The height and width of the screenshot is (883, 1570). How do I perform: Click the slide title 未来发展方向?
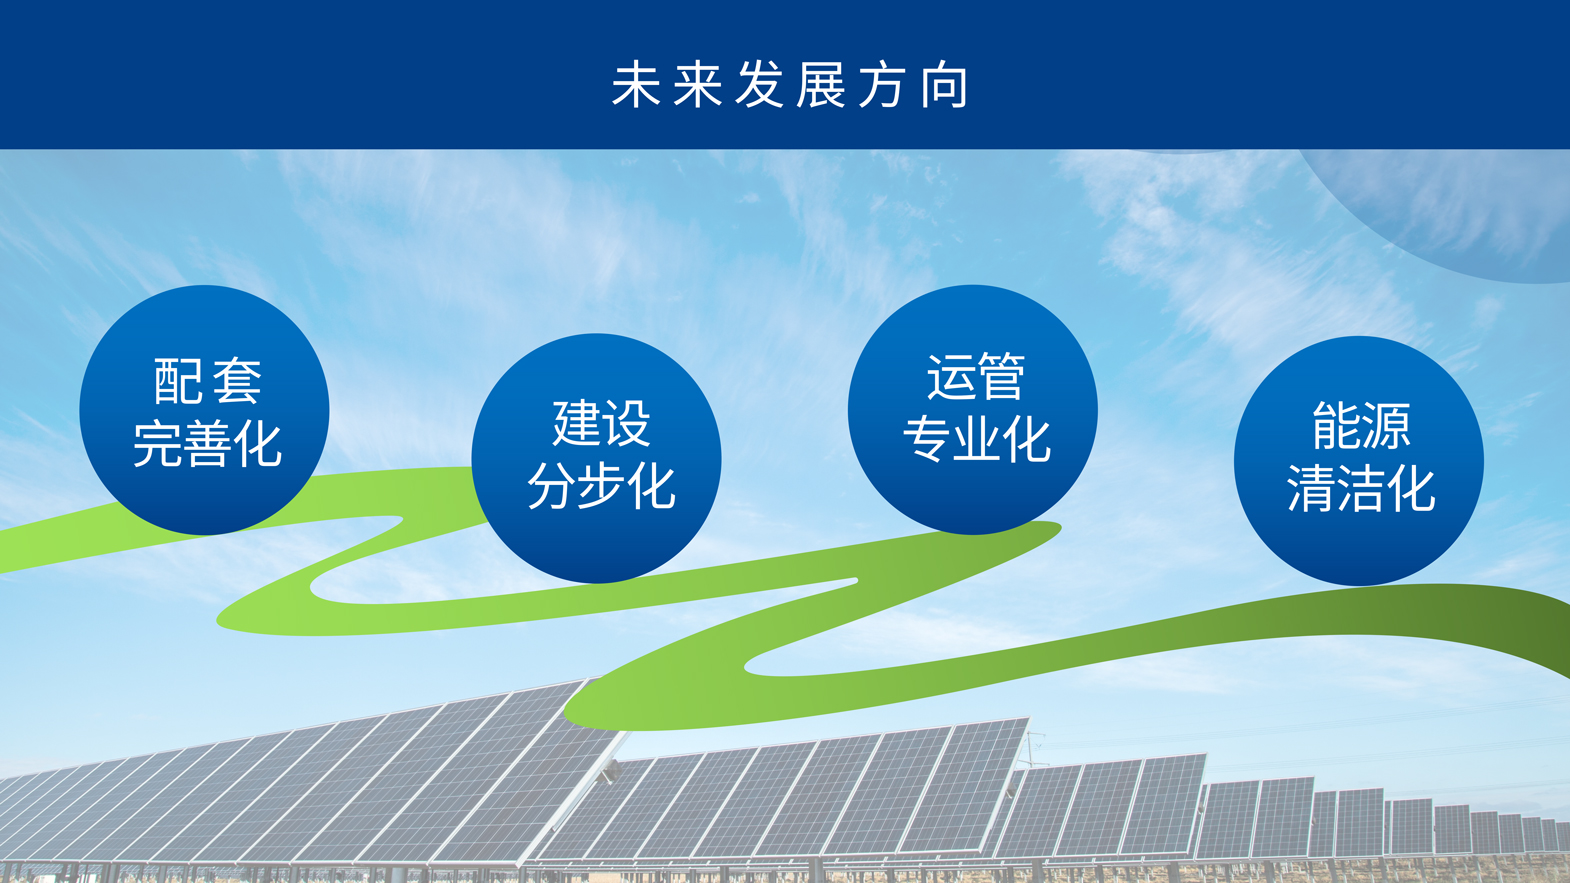[x=790, y=85]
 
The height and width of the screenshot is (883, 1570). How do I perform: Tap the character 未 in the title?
[x=636, y=85]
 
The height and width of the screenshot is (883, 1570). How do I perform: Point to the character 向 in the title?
[x=945, y=85]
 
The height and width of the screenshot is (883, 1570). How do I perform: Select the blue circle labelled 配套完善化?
[x=204, y=410]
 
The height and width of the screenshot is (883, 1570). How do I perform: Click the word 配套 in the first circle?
[x=207, y=381]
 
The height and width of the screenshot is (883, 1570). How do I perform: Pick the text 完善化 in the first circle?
[x=207, y=444]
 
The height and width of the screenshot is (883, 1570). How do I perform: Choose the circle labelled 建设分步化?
[x=596, y=458]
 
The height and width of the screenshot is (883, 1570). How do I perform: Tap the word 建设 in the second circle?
[x=601, y=423]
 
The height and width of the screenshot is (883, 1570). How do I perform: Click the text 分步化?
[x=601, y=486]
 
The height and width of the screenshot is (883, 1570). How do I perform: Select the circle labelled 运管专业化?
[x=973, y=410]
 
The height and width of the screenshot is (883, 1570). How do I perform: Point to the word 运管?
[x=976, y=376]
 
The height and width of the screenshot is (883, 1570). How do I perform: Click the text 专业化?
[x=976, y=439]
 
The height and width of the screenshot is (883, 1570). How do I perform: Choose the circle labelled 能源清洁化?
[x=1359, y=461]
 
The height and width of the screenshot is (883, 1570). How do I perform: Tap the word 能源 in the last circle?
[x=1361, y=425]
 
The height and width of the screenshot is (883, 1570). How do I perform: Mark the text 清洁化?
[x=1361, y=488]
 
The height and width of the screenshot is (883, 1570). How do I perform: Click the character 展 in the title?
[x=821, y=85]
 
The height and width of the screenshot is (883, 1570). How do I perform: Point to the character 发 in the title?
[x=759, y=85]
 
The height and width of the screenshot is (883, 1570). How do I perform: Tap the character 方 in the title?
[x=882, y=85]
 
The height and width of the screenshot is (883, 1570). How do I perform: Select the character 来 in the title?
[x=697, y=85]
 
